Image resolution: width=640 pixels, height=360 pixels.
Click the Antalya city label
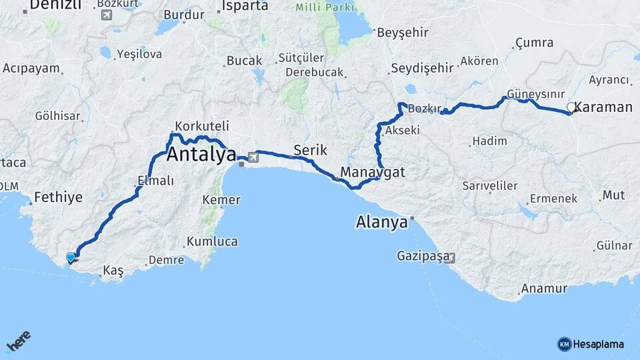pyautogui.click(x=201, y=155)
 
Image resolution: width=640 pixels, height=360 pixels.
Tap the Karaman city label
pyautogui.click(x=603, y=107)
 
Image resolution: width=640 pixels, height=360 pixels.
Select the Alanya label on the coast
pyautogui.click(x=382, y=222)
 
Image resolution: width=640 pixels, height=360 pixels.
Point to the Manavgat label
pyautogui.click(x=373, y=172)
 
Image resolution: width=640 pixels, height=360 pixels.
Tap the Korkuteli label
pyautogui.click(x=202, y=126)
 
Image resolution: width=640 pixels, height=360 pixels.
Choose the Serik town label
pyautogui.click(x=310, y=151)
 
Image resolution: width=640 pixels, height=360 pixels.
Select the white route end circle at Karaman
pyautogui.click(x=571, y=107)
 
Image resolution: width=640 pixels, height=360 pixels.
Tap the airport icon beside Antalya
pyautogui.click(x=252, y=157)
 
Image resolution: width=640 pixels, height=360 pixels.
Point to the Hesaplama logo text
pyautogui.click(x=599, y=344)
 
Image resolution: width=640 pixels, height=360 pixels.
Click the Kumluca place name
pyautogui.click(x=212, y=241)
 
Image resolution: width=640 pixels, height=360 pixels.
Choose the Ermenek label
pyautogui.click(x=553, y=199)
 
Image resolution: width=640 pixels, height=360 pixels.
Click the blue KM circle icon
pyautogui.click(x=564, y=344)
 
